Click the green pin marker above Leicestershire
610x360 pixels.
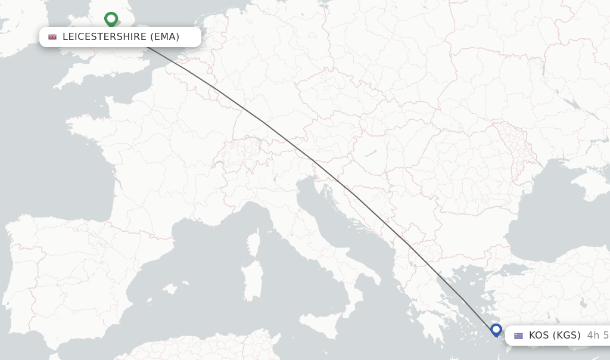[111, 19]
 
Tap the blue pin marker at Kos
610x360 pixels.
[496, 329]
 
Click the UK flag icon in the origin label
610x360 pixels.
[52, 37]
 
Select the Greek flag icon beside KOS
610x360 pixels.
[518, 336]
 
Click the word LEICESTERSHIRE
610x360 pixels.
[104, 37]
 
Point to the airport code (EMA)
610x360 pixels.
[165, 37]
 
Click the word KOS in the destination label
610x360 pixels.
[539, 336]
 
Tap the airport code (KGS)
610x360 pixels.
[567, 336]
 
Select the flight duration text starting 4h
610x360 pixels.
[597, 336]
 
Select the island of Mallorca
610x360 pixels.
[170, 290]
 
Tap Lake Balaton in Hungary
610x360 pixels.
[370, 153]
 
